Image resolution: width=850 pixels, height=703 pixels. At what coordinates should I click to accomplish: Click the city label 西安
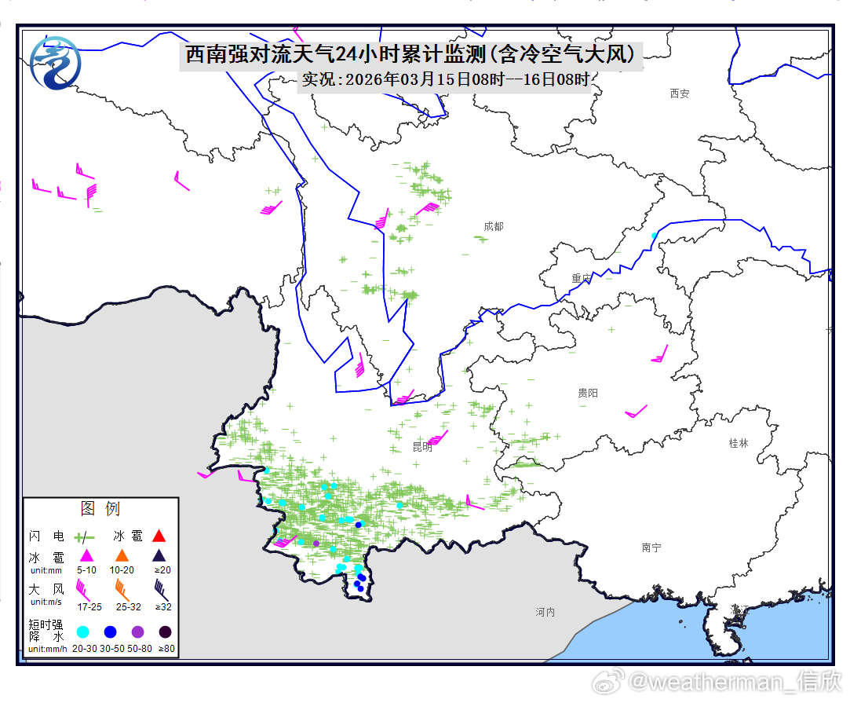680,93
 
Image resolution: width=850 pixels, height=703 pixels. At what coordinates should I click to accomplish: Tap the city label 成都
494,226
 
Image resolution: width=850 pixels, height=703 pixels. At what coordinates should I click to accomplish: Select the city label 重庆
582,278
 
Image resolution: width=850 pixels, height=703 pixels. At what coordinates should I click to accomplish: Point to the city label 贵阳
587,393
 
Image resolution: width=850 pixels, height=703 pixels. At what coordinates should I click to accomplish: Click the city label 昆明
422,447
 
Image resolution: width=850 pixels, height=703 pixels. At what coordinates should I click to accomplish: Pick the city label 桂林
739,443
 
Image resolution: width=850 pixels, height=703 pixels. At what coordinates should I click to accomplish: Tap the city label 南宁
651,547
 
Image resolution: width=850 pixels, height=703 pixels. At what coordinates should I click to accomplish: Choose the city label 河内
545,612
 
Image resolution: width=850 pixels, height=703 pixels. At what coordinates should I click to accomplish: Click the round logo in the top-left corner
54,62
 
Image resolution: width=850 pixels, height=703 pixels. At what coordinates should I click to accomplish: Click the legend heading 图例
100,509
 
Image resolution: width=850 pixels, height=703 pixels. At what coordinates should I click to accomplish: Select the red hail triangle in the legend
159,536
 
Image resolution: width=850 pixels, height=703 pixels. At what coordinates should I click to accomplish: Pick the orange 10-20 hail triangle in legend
122,556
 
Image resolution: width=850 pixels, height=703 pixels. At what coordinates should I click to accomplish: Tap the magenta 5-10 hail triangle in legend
86,556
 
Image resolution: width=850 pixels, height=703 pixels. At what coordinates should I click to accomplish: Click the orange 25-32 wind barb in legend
122,588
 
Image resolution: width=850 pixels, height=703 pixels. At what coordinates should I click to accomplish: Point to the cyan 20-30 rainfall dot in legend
83,632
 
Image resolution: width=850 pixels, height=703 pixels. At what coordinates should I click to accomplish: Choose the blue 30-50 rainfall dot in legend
111,632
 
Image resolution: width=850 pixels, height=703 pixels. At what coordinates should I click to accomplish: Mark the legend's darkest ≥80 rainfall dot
166,632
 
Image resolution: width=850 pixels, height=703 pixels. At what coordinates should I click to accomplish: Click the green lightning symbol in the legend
84,537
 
